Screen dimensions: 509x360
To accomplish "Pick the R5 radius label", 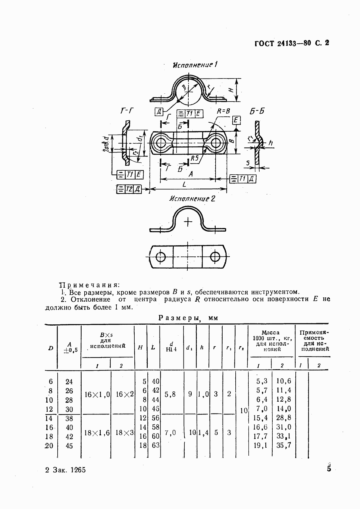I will [194, 158].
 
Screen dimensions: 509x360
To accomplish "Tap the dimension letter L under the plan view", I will [184, 184].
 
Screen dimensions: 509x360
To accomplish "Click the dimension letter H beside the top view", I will [230, 90].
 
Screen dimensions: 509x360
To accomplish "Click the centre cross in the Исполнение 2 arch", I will [188, 222].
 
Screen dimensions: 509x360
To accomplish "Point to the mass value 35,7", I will [284, 446].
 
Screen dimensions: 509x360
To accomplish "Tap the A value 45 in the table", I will [69, 446].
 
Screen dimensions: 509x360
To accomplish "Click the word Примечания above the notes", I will [89, 285].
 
